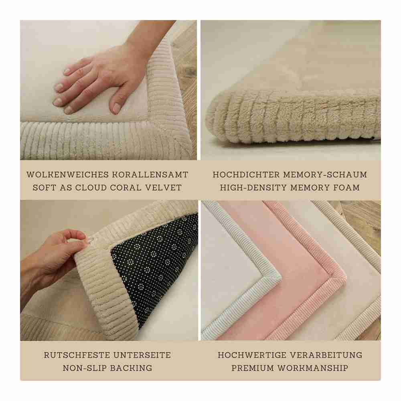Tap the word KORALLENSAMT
point(150,175)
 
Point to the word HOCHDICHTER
point(246,175)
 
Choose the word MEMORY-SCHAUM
point(325,175)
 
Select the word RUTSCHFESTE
point(77,355)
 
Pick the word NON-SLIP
point(85,368)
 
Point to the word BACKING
point(131,368)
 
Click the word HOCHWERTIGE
point(252,355)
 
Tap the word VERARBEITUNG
point(326,355)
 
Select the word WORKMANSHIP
point(313,368)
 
